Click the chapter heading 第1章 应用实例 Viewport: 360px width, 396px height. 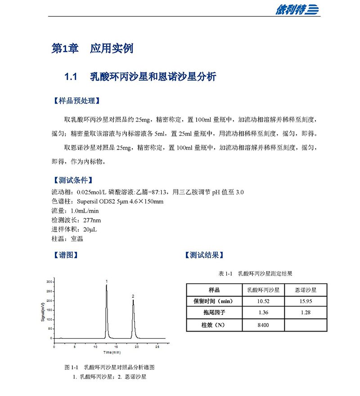click(93, 49)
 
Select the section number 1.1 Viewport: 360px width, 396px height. click(72, 77)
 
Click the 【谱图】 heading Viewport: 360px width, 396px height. click(66, 255)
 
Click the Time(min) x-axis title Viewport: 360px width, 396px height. click(106, 352)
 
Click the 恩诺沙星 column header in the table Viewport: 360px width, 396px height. click(306, 289)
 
